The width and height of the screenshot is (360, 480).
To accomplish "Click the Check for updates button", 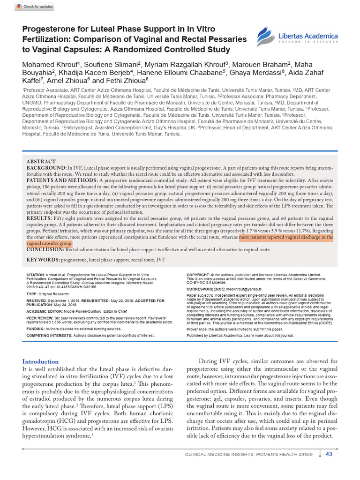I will click(34, 7).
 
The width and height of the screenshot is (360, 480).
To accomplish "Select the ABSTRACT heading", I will click(41, 161).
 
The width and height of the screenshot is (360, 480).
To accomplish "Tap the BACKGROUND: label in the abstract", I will click(46, 167).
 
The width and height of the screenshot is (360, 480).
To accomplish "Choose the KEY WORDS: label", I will click(42, 259).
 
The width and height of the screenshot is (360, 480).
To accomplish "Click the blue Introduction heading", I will click(41, 361).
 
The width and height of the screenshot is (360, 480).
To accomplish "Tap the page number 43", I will click(329, 454).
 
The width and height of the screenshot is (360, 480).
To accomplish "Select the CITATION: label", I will click(35, 274).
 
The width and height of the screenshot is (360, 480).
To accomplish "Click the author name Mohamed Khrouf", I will click(50, 64).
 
